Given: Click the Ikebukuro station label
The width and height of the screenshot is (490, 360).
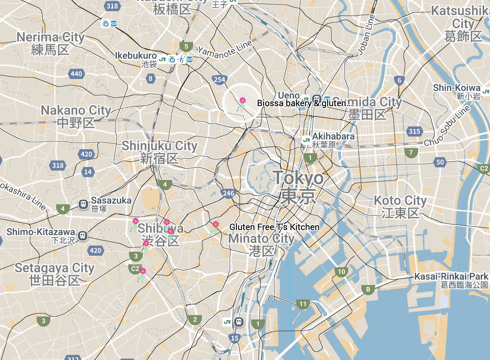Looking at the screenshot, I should click(136, 56).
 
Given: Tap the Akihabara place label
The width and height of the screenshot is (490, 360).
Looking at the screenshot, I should click(333, 137).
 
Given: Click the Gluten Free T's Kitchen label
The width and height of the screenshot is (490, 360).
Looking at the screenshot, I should click(274, 227).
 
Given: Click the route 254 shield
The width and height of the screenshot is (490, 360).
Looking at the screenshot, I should click(220, 80).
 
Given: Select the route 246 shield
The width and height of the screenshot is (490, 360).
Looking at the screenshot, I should click(229, 193).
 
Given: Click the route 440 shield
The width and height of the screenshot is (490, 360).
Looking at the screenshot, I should click(76, 74).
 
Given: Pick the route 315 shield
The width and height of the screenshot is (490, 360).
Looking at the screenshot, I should click(414, 131).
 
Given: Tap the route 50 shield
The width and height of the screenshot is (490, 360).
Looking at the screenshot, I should click(440, 162).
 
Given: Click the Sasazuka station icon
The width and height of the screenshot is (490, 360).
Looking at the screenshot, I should click(83, 205).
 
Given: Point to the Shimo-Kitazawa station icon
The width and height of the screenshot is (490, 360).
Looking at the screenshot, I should click(83, 236).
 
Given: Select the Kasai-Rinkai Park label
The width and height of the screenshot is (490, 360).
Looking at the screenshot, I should click(451, 277).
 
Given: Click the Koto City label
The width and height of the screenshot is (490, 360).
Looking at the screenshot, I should click(400, 200).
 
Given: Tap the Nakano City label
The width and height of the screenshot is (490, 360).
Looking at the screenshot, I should click(76, 110).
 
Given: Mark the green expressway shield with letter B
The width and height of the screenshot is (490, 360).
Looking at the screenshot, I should click(368, 289).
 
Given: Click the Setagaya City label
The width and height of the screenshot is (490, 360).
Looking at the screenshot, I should click(54, 268).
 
